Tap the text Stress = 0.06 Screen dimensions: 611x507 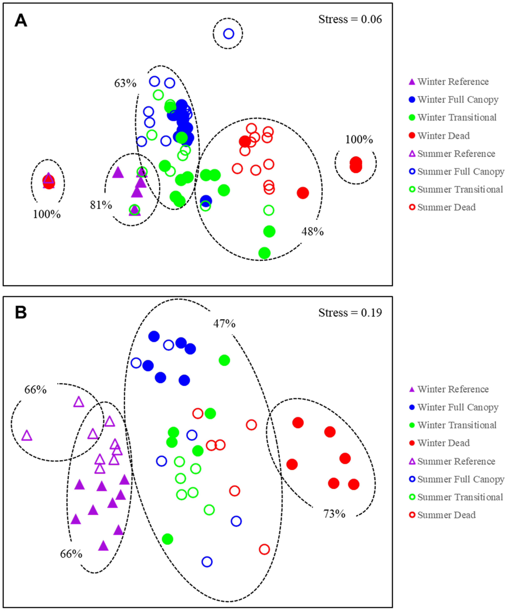[350, 20]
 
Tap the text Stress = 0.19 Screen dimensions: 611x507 [350, 313]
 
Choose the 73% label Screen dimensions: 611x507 [334, 514]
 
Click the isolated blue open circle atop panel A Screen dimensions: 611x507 [229, 34]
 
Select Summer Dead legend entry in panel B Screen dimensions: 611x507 [446, 515]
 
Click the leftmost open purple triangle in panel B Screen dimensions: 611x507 [27, 436]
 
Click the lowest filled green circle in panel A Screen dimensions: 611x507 [264, 253]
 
